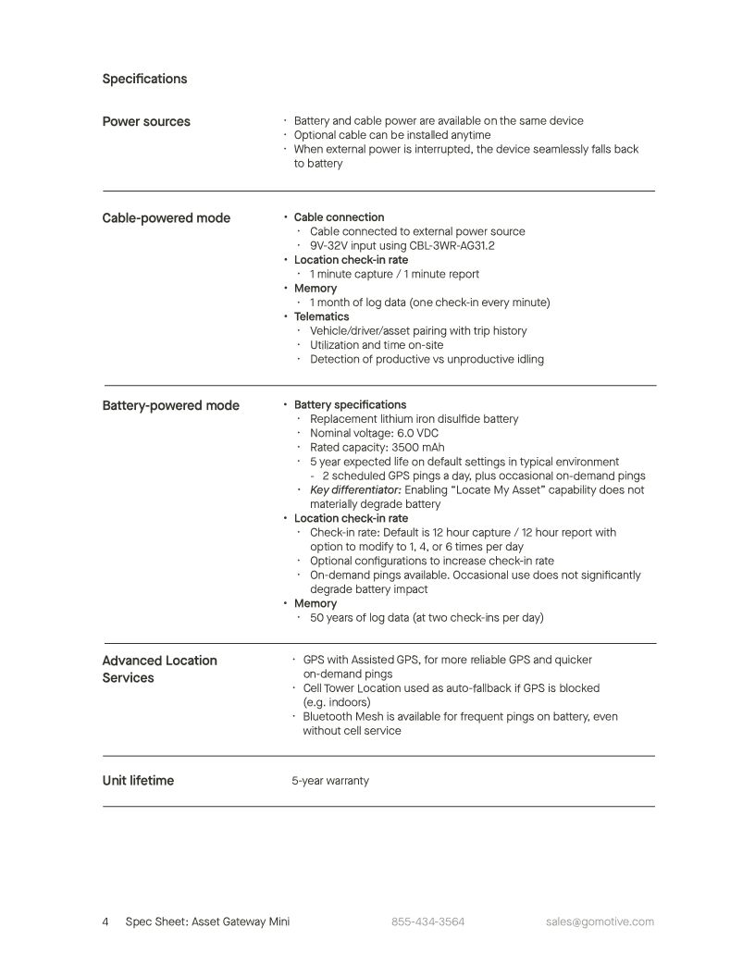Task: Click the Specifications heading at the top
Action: [144, 79]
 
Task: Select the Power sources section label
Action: [146, 121]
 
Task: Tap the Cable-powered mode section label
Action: [166, 218]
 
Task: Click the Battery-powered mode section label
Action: [170, 405]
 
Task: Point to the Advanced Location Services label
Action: [159, 669]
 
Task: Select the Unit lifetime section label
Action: [138, 780]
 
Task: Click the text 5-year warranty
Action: [330, 781]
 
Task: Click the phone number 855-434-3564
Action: [427, 921]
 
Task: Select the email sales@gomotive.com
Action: [600, 921]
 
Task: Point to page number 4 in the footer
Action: [105, 921]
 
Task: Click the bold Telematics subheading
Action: [321, 316]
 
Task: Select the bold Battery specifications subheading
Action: [350, 405]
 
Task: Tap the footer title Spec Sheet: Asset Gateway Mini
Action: [207, 921]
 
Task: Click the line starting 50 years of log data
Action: [427, 618]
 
